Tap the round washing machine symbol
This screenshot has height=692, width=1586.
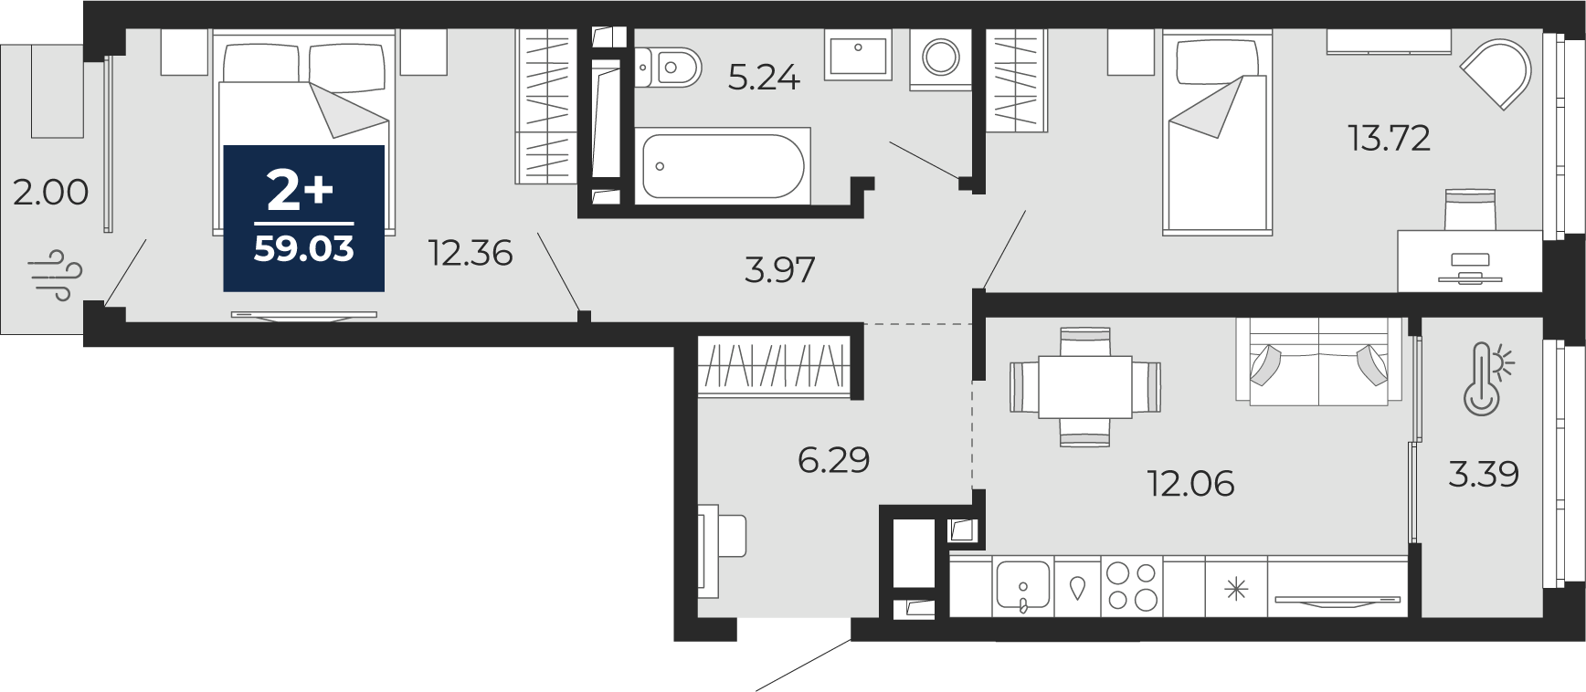click(940, 58)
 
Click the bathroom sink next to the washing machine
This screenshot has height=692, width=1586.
click(858, 54)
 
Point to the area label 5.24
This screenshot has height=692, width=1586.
click(764, 79)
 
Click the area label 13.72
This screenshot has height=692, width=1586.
click(1389, 139)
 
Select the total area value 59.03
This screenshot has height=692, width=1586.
click(304, 248)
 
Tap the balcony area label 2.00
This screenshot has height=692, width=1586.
click(51, 193)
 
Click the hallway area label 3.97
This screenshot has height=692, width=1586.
click(779, 270)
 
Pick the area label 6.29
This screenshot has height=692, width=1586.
click(833, 460)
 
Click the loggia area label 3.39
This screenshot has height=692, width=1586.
click(1484, 475)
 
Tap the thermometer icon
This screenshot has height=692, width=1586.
click(1486, 379)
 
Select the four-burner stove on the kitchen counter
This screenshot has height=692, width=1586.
click(1132, 586)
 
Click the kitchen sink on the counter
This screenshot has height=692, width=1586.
click(1023, 586)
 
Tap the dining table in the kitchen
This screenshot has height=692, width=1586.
click(1085, 387)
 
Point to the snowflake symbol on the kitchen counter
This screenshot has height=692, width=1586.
click(1236, 589)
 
